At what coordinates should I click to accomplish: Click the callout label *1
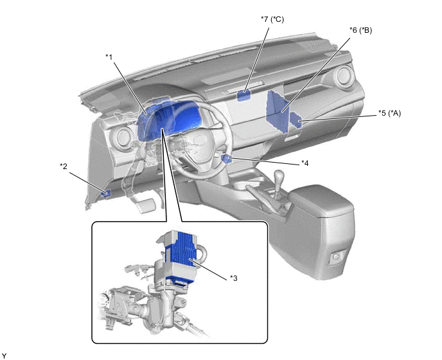(x=109, y=57)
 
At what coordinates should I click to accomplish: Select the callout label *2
(x=64, y=166)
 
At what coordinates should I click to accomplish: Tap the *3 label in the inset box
(x=234, y=278)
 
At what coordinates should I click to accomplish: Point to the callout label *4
(x=305, y=163)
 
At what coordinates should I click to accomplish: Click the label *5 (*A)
(x=389, y=113)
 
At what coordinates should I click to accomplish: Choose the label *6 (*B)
(x=360, y=30)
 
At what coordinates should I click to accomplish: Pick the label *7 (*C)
(x=272, y=19)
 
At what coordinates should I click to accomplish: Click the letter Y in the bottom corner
(x=4, y=356)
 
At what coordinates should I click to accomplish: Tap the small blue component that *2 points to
(x=106, y=194)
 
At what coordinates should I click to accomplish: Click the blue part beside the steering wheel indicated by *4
(x=226, y=159)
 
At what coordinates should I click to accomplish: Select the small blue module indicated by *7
(x=243, y=95)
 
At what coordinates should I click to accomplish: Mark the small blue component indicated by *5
(x=296, y=120)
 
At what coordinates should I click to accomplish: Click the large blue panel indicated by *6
(x=278, y=111)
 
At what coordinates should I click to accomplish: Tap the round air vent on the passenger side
(x=343, y=75)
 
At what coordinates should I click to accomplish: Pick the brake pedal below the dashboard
(x=146, y=205)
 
